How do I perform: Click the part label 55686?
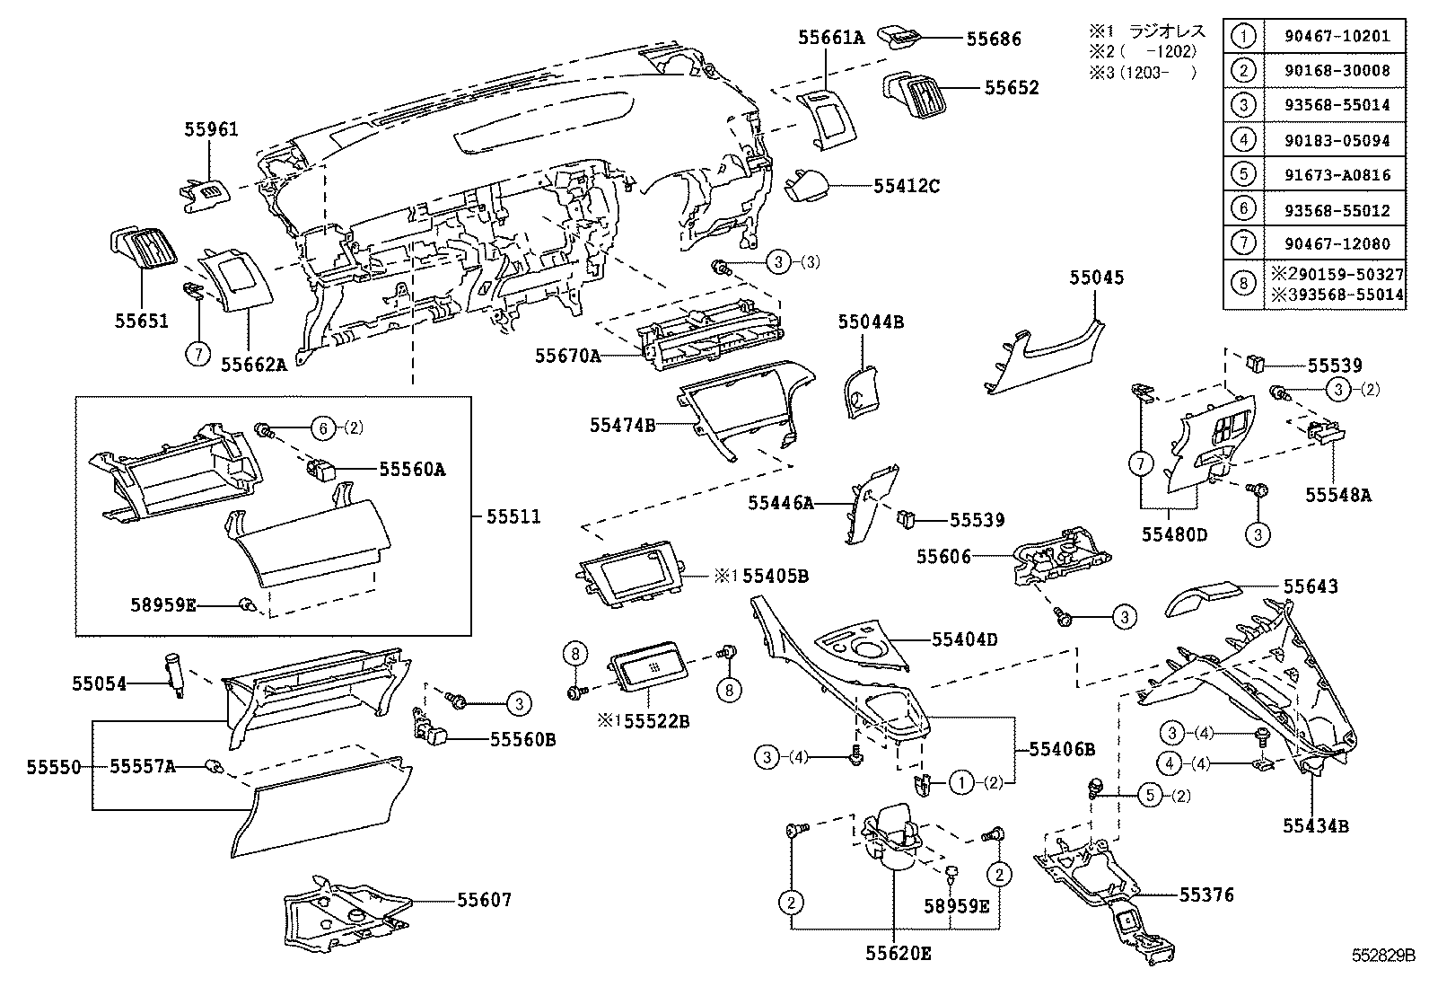pos(993,39)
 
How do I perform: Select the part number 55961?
pos(212,129)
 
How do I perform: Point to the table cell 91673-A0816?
pos(1335,175)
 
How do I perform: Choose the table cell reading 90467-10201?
pos(1335,37)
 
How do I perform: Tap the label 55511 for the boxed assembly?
pos(513,516)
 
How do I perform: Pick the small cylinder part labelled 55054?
pos(175,674)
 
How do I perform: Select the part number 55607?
pos(484,899)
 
